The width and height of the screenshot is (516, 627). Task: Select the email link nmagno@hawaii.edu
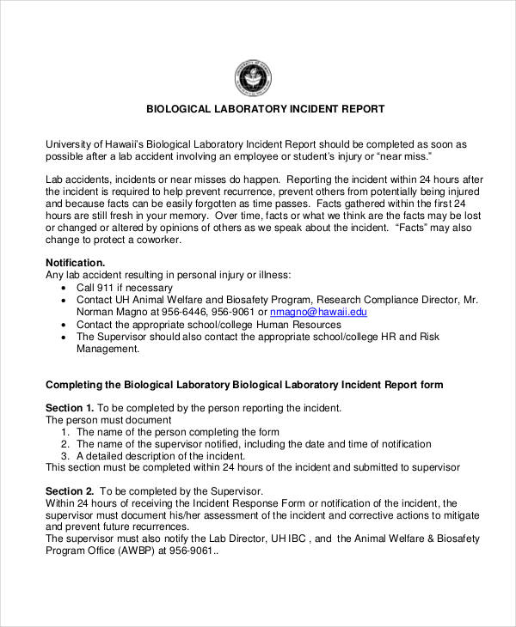pyautogui.click(x=318, y=313)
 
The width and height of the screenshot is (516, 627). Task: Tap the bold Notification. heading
pyautogui.click(x=75, y=262)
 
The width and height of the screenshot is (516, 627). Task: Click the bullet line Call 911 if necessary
pyautogui.click(x=125, y=288)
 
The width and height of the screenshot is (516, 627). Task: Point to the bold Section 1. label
pyautogui.click(x=69, y=407)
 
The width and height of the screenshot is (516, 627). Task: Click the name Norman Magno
pyautogui.click(x=111, y=313)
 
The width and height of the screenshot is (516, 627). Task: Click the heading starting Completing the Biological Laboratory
pyautogui.click(x=244, y=385)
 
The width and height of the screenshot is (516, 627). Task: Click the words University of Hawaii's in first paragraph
pyautogui.click(x=95, y=145)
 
